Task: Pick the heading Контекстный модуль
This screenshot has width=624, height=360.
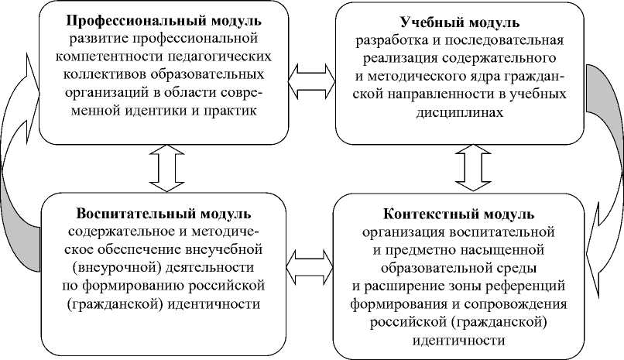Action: [458, 214]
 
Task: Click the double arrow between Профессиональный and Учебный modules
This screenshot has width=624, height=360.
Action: [311, 75]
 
